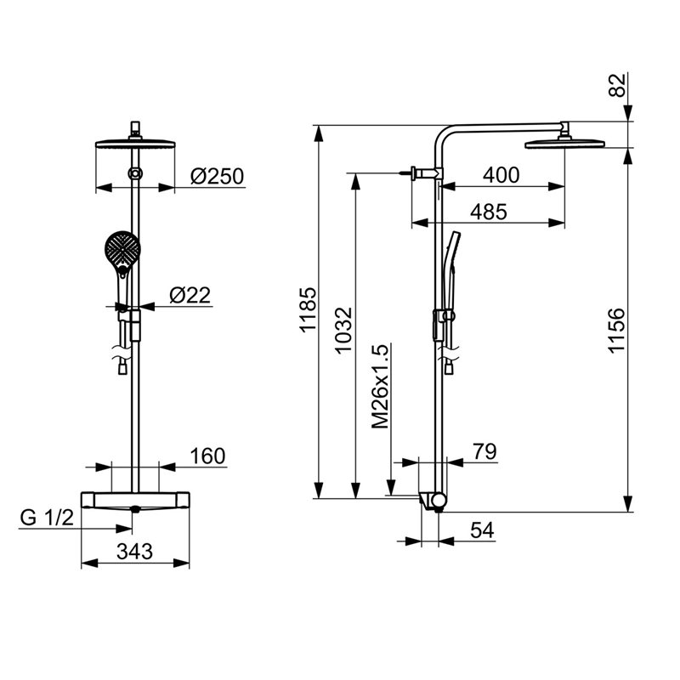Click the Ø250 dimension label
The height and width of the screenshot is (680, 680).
(x=218, y=176)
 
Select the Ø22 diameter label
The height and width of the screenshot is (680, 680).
(x=190, y=295)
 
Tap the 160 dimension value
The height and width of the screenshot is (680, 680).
(x=207, y=456)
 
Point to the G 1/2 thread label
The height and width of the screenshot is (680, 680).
(x=47, y=518)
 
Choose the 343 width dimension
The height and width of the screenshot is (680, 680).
(x=135, y=552)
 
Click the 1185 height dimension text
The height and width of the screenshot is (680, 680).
(x=309, y=309)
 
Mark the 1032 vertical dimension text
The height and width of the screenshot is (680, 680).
(x=344, y=331)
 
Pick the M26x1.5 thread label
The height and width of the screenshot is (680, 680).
(x=380, y=387)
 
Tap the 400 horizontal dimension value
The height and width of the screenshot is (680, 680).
(x=501, y=175)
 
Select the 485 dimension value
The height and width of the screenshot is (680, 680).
(x=489, y=212)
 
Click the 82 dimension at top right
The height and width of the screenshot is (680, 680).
(x=618, y=85)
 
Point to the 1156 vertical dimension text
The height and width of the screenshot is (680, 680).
(x=615, y=331)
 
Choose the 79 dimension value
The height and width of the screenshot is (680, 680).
(x=484, y=451)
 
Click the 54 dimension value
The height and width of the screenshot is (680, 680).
(x=482, y=530)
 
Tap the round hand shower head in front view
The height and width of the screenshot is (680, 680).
(x=122, y=248)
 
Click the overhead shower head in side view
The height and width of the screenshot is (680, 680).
(x=564, y=144)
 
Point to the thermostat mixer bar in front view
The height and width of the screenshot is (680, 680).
(x=135, y=501)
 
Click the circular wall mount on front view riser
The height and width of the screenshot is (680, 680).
(x=135, y=173)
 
